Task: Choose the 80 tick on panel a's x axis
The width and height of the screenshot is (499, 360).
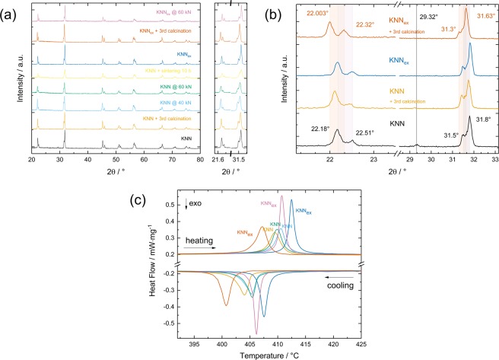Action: click(x=200, y=163)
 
